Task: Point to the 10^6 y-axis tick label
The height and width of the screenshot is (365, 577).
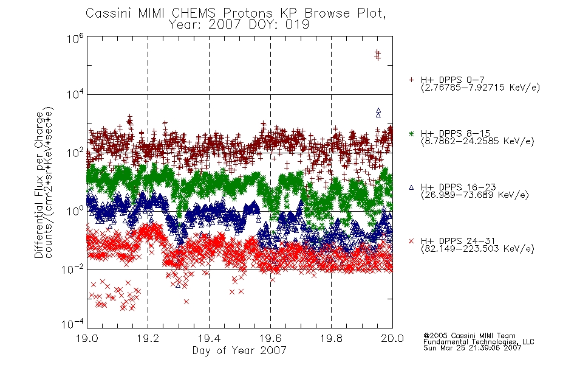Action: click(x=75, y=38)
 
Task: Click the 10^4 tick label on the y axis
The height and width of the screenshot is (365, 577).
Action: click(x=75, y=95)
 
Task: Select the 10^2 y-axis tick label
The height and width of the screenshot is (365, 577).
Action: click(x=75, y=153)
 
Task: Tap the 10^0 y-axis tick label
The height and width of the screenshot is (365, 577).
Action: click(x=75, y=210)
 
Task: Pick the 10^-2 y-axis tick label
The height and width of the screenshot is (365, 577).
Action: click(x=73, y=269)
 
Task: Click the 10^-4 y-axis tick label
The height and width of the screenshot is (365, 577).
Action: click(x=73, y=324)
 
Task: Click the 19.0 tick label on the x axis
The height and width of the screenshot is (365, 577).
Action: click(x=87, y=338)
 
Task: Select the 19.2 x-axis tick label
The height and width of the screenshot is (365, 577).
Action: click(x=148, y=338)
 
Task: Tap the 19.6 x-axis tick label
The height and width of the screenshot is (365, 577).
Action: click(x=270, y=338)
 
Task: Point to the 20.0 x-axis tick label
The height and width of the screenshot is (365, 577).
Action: click(x=392, y=338)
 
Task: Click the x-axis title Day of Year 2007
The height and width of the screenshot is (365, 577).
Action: click(x=239, y=350)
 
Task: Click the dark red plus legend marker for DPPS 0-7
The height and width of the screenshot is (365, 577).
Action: click(x=411, y=80)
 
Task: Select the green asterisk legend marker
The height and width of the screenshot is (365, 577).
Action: click(x=411, y=133)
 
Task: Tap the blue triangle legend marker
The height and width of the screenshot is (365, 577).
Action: click(x=411, y=187)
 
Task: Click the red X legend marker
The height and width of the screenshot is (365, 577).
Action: click(x=411, y=241)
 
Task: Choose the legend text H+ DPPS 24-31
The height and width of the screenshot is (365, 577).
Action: click(x=458, y=241)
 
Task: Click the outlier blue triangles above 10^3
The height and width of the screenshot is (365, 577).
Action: click(x=378, y=113)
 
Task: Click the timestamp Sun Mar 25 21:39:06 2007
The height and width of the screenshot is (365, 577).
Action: click(x=472, y=348)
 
